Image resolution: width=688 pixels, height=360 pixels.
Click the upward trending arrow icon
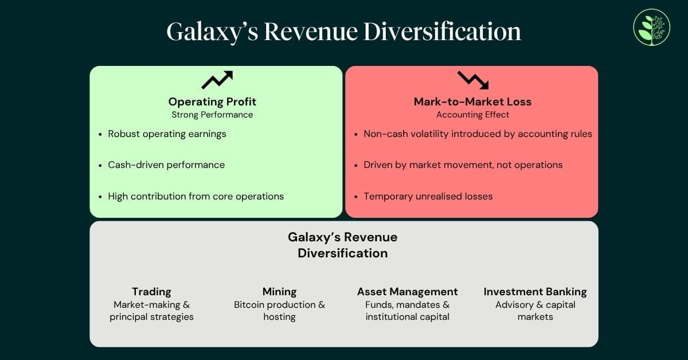tap(217, 80)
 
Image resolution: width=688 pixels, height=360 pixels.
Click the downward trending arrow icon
tap(473, 80)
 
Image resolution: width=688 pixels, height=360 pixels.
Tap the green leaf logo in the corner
tap(651, 27)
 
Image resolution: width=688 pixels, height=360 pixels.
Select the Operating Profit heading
tap(212, 102)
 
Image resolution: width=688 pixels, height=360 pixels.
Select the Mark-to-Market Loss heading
tap(472, 102)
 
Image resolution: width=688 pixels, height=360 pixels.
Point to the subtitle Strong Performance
tap(212, 115)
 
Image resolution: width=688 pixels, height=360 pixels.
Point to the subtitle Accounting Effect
tap(472, 115)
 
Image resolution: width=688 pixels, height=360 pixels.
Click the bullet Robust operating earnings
tap(167, 134)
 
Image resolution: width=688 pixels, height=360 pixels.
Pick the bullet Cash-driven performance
tap(166, 165)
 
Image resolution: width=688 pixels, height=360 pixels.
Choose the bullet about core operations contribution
tap(196, 196)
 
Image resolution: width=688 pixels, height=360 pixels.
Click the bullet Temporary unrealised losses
tap(428, 196)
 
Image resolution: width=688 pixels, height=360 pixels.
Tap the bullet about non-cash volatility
tap(478, 134)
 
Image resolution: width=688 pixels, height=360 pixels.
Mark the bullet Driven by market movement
tap(463, 165)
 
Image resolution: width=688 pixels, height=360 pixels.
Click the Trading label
tap(151, 292)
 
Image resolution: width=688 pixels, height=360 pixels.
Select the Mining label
tap(279, 292)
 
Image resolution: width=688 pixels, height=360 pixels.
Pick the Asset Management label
tap(407, 292)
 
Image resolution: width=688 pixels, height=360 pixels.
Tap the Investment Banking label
tap(535, 292)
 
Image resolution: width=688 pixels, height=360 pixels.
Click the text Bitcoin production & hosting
tap(279, 311)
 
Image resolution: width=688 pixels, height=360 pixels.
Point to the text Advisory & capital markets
tap(535, 311)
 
